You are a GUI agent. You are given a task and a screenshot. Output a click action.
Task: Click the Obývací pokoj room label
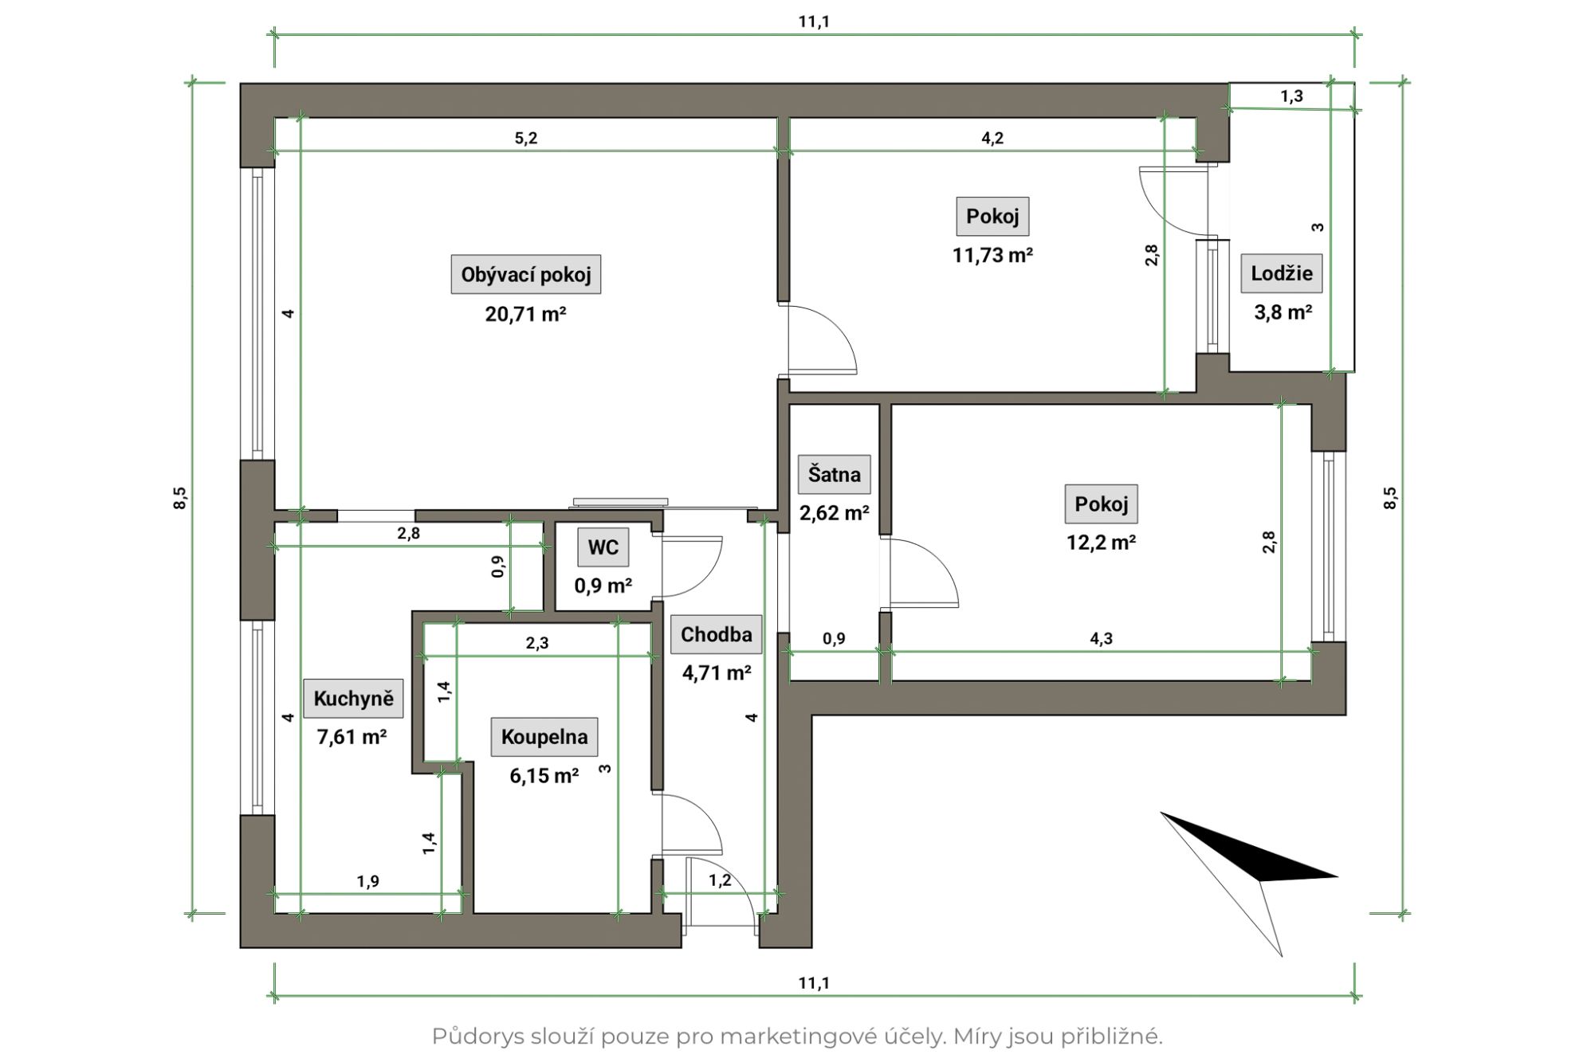(x=526, y=275)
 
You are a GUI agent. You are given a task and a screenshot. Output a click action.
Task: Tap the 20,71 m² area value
(x=526, y=314)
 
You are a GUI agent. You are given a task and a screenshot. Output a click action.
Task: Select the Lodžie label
(x=1282, y=273)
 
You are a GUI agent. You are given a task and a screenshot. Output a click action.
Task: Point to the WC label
(x=603, y=547)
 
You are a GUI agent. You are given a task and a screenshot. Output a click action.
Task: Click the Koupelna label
(x=544, y=737)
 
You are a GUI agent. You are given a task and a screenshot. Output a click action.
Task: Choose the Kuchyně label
(x=354, y=699)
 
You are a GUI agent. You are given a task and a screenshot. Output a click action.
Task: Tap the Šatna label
(x=835, y=475)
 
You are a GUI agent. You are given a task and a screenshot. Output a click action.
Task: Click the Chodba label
(x=717, y=635)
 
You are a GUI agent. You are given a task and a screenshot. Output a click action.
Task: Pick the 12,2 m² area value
(x=1102, y=543)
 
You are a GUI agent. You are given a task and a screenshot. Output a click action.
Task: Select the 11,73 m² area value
(x=993, y=255)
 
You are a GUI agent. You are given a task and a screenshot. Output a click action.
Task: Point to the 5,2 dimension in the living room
(x=526, y=139)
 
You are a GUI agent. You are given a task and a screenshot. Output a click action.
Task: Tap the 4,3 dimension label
(x=1102, y=639)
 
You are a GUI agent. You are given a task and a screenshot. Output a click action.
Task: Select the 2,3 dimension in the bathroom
(x=537, y=644)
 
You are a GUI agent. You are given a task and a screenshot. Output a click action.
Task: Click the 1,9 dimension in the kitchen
(x=368, y=881)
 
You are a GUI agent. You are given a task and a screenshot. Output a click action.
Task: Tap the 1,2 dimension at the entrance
(x=721, y=880)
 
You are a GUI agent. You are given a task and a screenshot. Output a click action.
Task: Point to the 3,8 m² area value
(x=1283, y=312)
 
